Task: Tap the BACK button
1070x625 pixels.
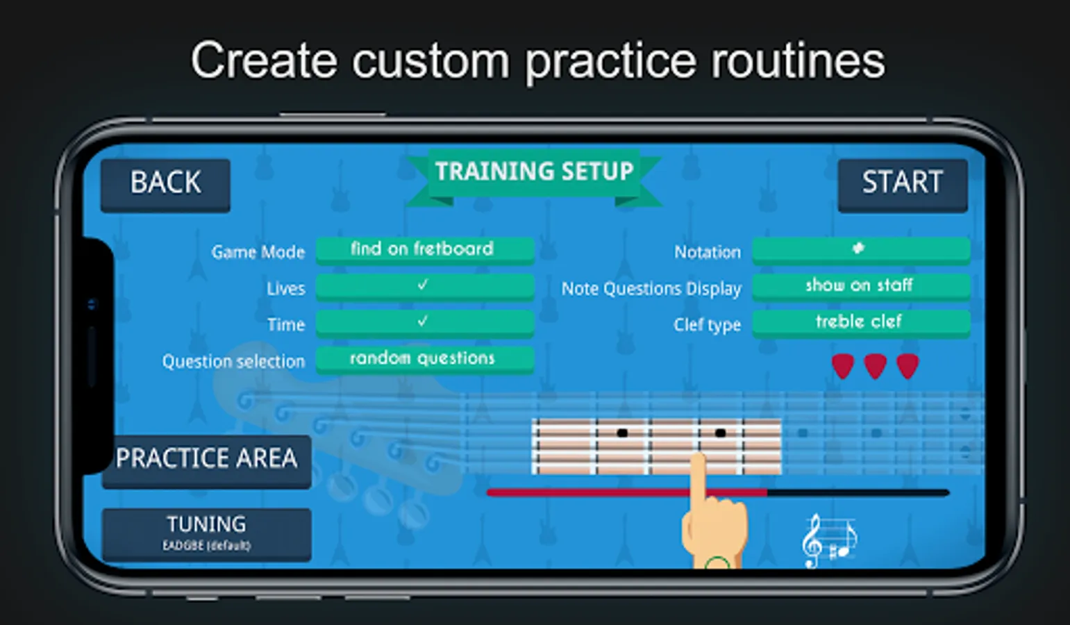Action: [165, 184]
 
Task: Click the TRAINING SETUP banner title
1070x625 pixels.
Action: [534, 172]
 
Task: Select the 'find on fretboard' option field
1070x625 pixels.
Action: [424, 249]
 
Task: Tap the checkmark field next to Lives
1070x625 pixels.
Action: [424, 285]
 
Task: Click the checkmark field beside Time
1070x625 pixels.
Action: [424, 322]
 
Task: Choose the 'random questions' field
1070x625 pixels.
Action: [424, 358]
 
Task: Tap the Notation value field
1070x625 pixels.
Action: [860, 249]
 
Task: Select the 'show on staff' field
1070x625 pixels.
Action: [860, 285]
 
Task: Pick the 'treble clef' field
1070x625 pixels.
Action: [860, 322]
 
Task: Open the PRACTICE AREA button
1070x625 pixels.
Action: [206, 460]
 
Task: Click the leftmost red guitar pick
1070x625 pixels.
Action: [842, 366]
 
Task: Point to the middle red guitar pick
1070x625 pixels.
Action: [875, 366]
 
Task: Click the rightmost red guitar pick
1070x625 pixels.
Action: [908, 366]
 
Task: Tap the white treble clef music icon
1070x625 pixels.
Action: [828, 541]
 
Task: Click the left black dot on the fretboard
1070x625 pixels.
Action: [622, 433]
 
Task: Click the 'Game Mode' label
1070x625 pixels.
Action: [258, 252]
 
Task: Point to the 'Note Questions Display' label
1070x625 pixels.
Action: [651, 289]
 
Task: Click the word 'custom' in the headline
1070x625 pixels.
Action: [430, 61]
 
